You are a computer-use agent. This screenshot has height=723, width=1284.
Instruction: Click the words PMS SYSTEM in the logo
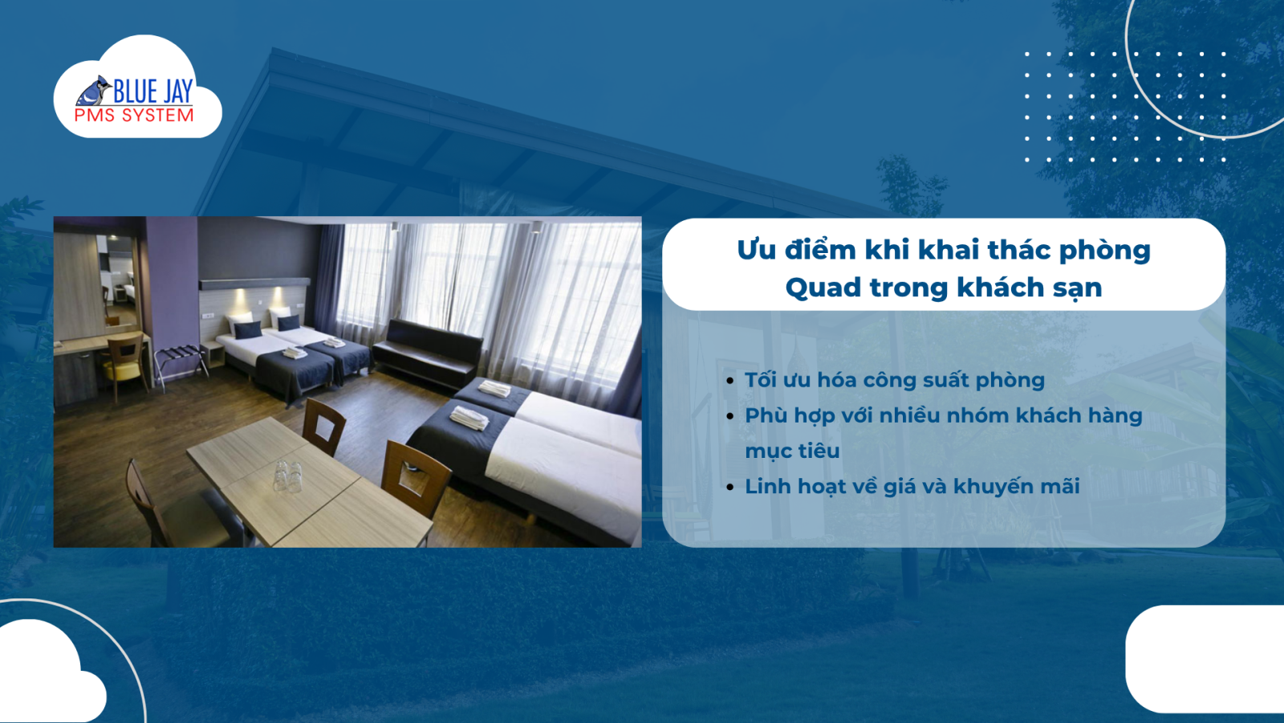[134, 116]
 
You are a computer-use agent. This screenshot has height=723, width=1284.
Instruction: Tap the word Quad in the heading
[823, 288]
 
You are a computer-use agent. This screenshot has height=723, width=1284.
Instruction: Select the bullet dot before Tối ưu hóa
[729, 381]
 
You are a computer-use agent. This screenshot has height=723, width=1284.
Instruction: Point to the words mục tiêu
[792, 451]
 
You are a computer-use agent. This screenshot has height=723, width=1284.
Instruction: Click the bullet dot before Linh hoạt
[729, 487]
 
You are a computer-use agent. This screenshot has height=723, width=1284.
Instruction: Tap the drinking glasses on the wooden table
[287, 475]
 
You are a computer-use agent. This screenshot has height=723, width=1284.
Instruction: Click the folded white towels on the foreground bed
[469, 418]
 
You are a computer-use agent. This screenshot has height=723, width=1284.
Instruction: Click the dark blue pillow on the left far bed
[248, 329]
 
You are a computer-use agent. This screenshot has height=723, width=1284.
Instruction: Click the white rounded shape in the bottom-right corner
[1204, 659]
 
